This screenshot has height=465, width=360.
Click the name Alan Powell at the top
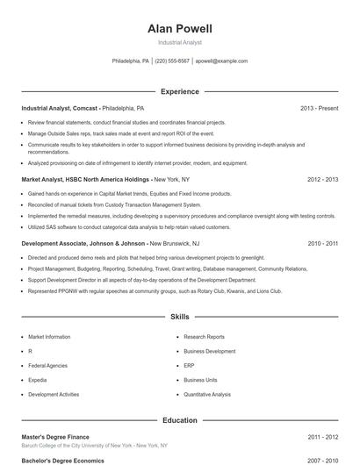[x=179, y=29]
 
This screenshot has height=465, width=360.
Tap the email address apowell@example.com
[x=221, y=61]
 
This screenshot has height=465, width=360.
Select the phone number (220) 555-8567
[x=173, y=61]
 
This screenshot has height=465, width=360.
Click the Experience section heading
[x=179, y=91]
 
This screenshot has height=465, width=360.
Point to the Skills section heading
[x=179, y=316]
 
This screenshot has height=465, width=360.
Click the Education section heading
[x=179, y=420]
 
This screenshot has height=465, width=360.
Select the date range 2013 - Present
[x=319, y=108]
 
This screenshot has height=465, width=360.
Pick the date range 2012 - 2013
[x=323, y=179]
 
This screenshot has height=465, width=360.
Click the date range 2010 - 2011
[x=323, y=242]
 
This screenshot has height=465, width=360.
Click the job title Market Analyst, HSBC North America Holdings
[x=82, y=179]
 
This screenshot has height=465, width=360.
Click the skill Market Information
[x=49, y=337]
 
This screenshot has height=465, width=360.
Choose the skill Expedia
[x=40, y=381]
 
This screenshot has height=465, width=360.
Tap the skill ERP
[x=189, y=366]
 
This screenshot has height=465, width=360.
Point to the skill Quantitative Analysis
[x=207, y=395]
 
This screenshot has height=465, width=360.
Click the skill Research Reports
[x=204, y=337]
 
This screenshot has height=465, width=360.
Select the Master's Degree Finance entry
[x=55, y=436]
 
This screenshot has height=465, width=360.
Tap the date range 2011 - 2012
[x=323, y=436]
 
